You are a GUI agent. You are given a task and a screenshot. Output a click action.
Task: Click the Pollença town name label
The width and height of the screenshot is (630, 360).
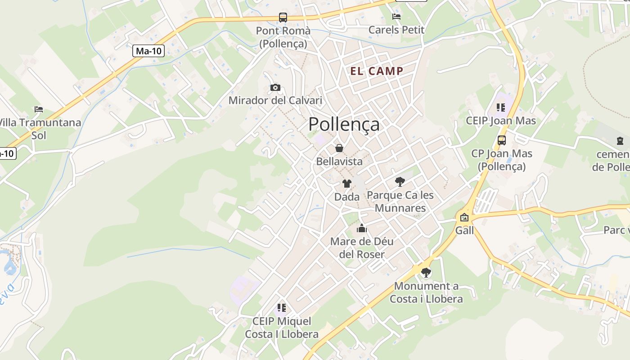click(344, 124)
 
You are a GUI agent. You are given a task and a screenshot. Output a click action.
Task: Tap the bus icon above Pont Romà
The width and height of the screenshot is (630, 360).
click(283, 18)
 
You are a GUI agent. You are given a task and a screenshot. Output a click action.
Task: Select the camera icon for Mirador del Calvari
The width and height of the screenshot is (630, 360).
click(275, 87)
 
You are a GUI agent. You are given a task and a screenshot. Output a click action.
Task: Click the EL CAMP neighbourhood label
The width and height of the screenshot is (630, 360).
click(377, 71)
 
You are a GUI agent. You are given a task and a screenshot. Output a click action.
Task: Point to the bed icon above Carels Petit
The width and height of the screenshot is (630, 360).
click(396, 17)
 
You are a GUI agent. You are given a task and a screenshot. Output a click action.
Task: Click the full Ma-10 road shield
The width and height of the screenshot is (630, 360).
click(148, 51)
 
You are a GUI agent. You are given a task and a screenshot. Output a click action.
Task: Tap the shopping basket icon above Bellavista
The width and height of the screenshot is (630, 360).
click(339, 148)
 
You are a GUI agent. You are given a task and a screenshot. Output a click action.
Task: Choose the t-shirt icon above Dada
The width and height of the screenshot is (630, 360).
click(346, 184)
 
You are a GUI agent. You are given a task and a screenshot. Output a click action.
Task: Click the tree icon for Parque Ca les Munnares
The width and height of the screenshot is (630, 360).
click(400, 182)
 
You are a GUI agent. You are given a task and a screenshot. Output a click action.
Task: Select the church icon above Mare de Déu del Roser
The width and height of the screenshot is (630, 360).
click(362, 229)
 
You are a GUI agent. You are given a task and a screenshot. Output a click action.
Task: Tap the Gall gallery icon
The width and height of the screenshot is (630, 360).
click(464, 218)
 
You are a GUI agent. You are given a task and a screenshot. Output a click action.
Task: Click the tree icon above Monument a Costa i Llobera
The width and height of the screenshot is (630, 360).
click(426, 273)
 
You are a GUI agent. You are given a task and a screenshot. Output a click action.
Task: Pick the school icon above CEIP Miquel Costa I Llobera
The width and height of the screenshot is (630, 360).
click(282, 308)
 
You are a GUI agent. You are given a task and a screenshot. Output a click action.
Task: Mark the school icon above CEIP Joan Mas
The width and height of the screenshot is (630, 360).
click(501, 107)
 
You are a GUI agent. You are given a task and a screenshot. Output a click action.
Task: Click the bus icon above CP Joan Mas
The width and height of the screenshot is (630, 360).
click(502, 140)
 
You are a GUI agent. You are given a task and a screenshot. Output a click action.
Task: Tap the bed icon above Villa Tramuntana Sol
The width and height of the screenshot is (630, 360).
click(39, 109)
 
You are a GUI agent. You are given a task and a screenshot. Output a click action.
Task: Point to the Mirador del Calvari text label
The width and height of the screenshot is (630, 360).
click(275, 100)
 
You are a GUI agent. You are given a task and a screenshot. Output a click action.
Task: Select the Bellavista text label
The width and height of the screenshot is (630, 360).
click(339, 161)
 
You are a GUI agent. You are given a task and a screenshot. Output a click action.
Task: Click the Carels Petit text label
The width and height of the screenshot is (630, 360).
click(396, 30)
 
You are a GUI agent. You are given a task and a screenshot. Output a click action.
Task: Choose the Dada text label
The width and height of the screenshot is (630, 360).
click(347, 197)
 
